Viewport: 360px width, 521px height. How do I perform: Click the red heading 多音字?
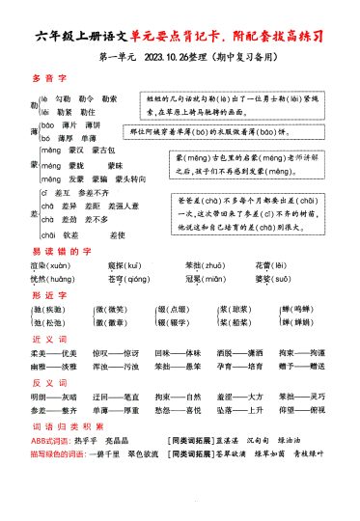(x=45, y=76)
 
